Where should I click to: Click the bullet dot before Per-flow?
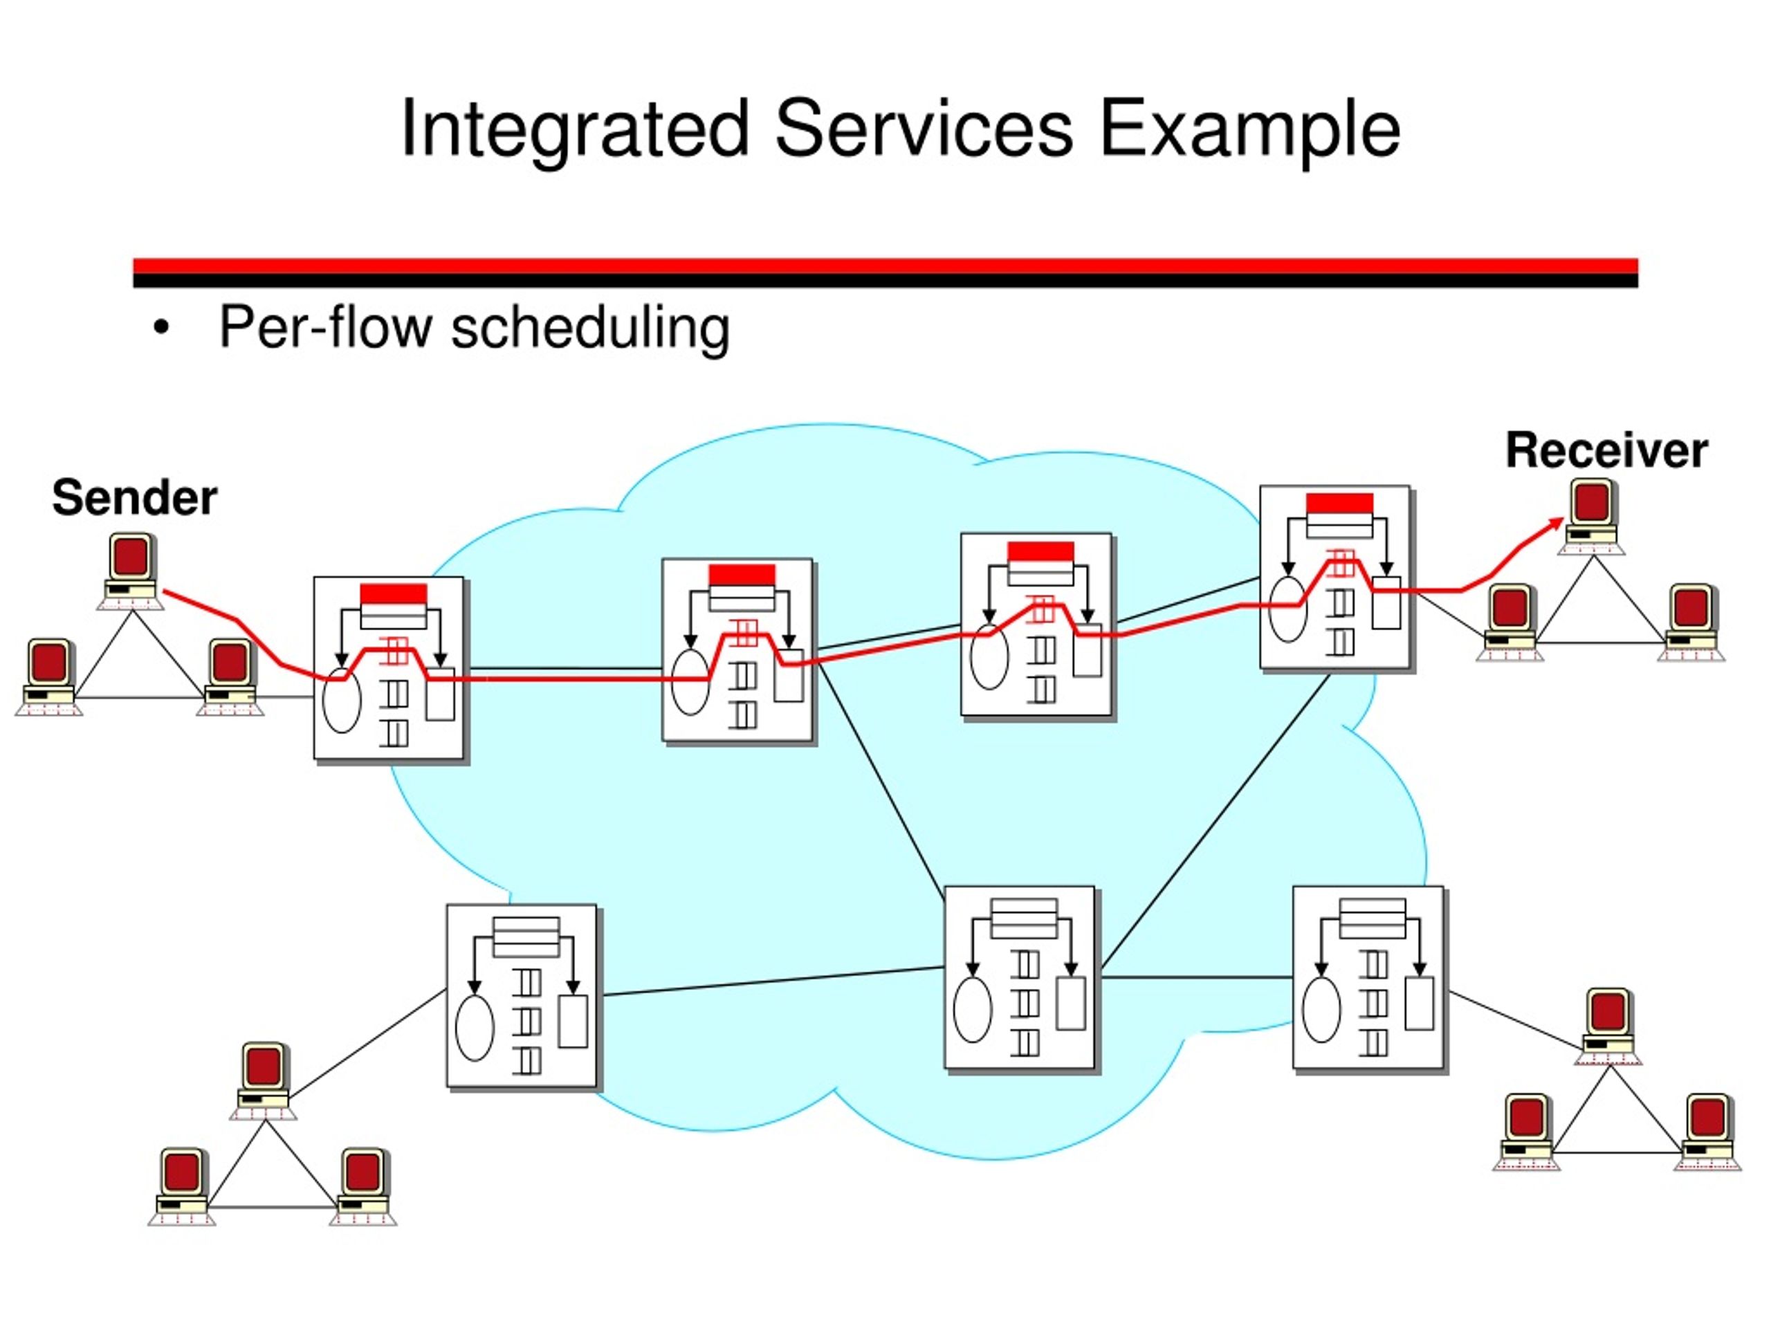pyautogui.click(x=162, y=329)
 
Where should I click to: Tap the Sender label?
pyautogui.click(x=134, y=497)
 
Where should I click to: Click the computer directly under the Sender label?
pyautogui.click(x=131, y=571)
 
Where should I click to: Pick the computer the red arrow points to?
pyautogui.click(x=1591, y=516)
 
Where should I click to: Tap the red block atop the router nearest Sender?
pyautogui.click(x=393, y=594)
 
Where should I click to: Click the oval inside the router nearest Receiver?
pyautogui.click(x=1288, y=610)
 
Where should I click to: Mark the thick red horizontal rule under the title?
pyautogui.click(x=885, y=266)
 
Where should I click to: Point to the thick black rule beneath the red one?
pyautogui.click(x=885, y=280)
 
